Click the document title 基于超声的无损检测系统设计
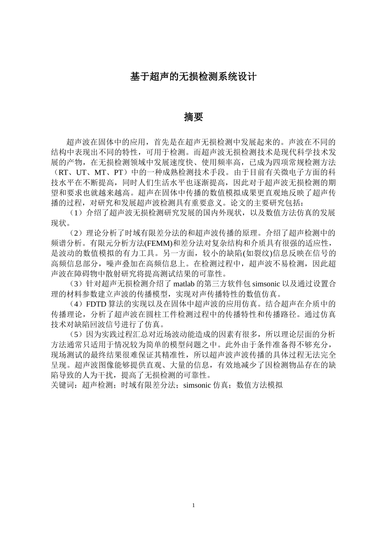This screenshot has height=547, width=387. click(x=193, y=76)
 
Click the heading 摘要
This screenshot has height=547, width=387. click(x=193, y=117)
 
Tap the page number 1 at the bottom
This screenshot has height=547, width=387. click(x=193, y=505)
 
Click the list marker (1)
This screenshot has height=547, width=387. click(x=76, y=213)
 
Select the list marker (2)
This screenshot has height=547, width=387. click(x=76, y=233)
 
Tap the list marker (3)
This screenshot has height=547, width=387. click(x=76, y=284)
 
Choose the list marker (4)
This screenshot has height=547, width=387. click(x=76, y=304)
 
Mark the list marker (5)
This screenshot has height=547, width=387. click(x=76, y=335)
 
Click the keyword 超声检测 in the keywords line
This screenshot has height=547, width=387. click(x=97, y=385)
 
